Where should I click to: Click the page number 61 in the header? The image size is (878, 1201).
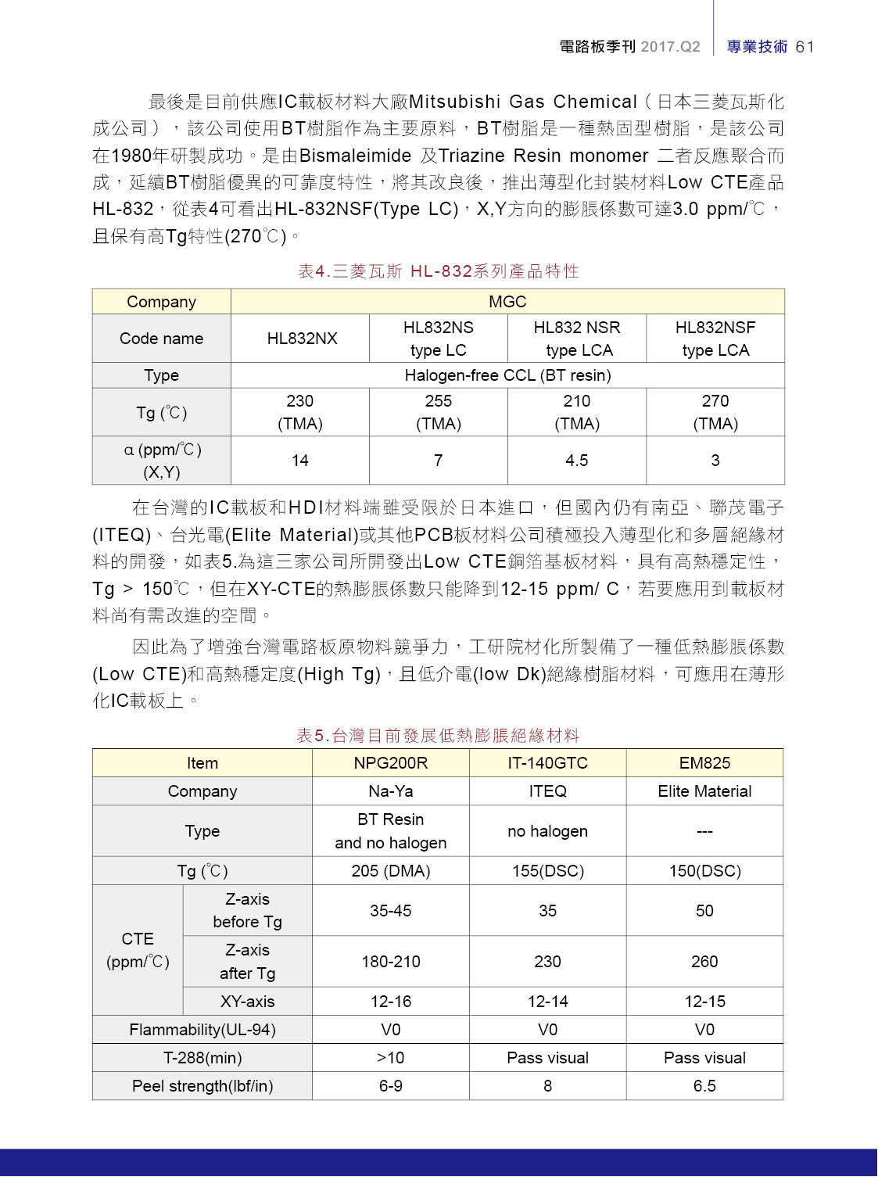(x=805, y=47)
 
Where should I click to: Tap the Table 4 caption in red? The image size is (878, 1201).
(x=438, y=271)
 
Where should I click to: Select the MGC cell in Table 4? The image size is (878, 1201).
(x=507, y=302)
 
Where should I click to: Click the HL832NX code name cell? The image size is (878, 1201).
(x=302, y=339)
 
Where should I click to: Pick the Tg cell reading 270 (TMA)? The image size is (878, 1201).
(x=715, y=412)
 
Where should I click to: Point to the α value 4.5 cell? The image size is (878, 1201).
(x=577, y=461)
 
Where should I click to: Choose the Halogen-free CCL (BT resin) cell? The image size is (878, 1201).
(x=507, y=375)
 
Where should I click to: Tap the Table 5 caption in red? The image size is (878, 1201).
(x=438, y=736)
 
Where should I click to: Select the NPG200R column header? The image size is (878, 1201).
(x=390, y=763)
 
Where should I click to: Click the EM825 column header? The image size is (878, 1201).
(x=704, y=763)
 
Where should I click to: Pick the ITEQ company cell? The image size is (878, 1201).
(x=547, y=791)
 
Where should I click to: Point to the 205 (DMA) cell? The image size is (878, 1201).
(x=390, y=871)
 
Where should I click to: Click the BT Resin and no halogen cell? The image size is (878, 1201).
(x=390, y=831)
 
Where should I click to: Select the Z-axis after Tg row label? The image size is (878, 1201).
(x=247, y=962)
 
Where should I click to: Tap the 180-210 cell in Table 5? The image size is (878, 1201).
(x=390, y=962)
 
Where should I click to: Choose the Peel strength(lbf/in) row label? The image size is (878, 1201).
(x=202, y=1086)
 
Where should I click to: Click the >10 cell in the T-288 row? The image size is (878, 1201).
(x=390, y=1058)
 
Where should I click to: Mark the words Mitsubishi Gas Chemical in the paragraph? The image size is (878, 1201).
(x=523, y=102)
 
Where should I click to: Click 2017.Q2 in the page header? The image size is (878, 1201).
(x=670, y=47)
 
